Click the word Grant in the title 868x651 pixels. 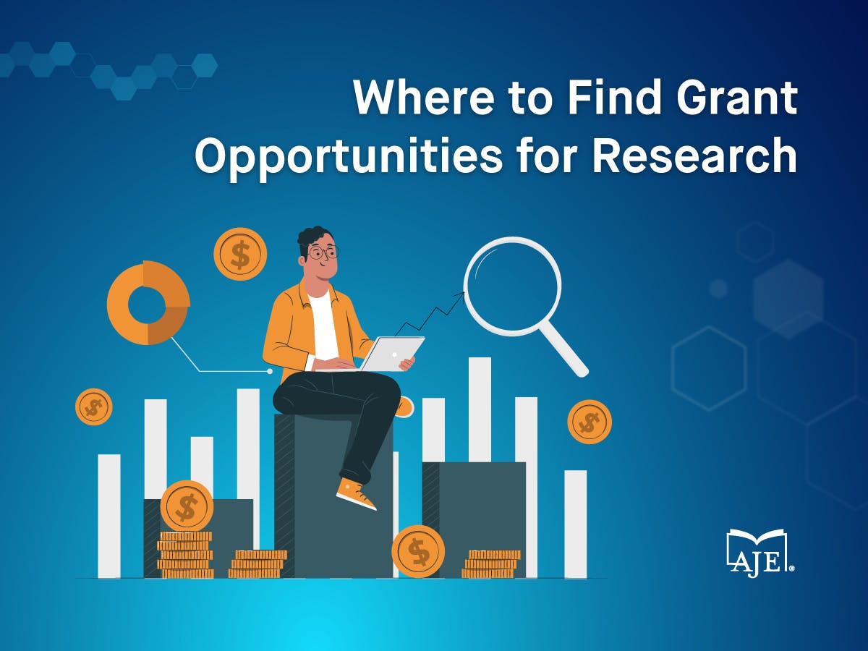click(737, 97)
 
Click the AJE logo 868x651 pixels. click(760, 553)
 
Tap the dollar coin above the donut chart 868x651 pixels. click(240, 254)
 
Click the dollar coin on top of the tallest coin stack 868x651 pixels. click(187, 506)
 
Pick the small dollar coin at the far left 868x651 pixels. click(94, 407)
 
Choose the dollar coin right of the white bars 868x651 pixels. click(590, 422)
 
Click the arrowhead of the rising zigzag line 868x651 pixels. click(460, 295)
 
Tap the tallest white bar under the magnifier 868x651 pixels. click(480, 409)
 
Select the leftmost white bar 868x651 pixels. click(109, 516)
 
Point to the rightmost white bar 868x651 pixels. click(575, 524)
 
